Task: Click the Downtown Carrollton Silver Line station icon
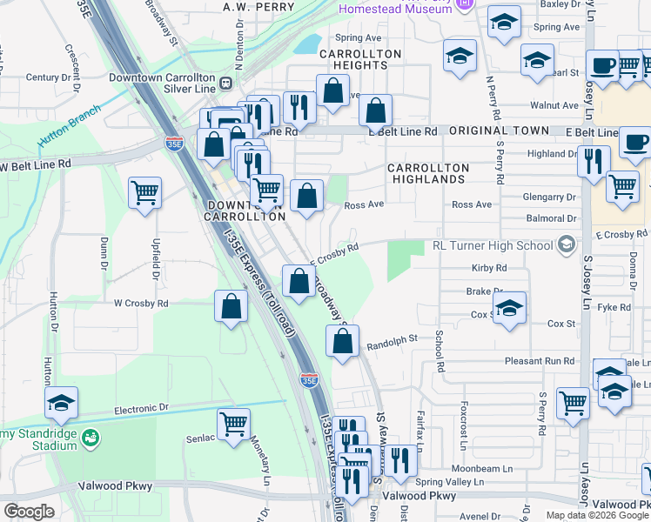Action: tap(225, 83)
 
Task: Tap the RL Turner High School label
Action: tap(492, 245)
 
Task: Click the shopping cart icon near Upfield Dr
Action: tap(145, 192)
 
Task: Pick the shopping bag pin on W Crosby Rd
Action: tap(231, 307)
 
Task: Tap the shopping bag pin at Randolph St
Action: tap(342, 341)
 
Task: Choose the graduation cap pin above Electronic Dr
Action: tap(63, 402)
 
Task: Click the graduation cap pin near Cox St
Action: tap(509, 308)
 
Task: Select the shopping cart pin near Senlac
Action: tap(233, 425)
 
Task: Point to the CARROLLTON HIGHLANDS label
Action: tap(428, 173)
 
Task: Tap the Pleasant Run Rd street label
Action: tap(540, 360)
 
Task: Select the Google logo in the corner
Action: tap(30, 511)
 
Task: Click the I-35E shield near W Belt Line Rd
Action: tap(174, 144)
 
